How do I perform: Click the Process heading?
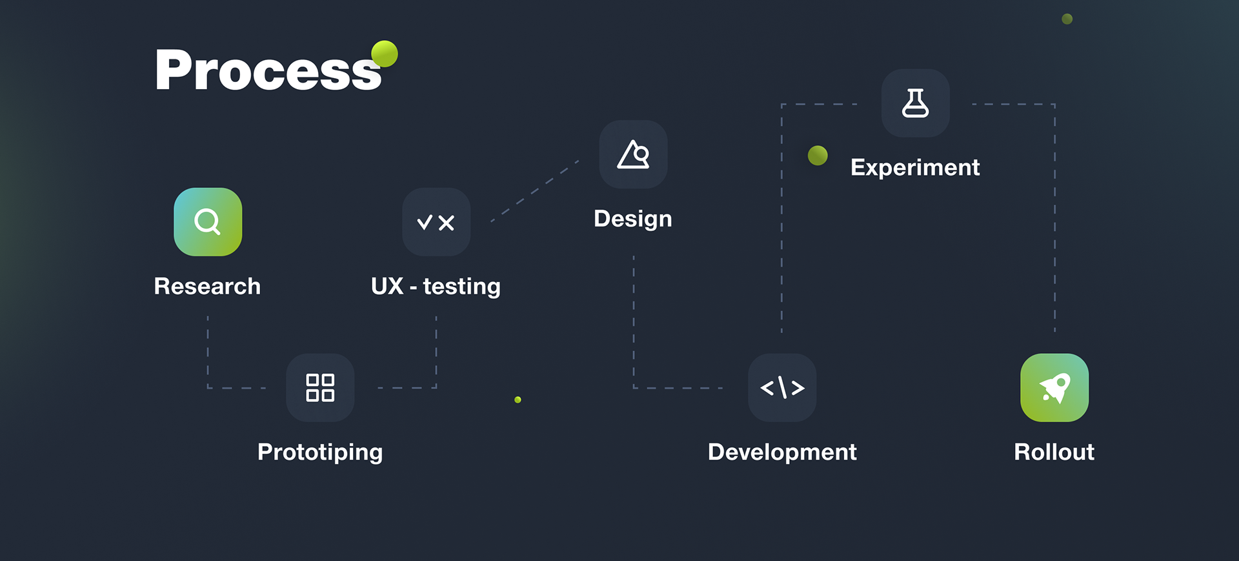[x=268, y=70]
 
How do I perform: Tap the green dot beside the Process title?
[x=385, y=54]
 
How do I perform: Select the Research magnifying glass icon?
[x=208, y=222]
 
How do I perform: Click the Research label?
[x=207, y=286]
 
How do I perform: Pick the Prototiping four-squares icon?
[x=320, y=387]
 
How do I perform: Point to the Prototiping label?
[x=320, y=452]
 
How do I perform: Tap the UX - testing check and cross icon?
[x=436, y=222]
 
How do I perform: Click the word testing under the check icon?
[x=461, y=286]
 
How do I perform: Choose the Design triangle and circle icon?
[x=633, y=154]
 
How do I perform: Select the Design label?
[x=632, y=219]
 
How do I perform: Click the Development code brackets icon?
[x=782, y=387]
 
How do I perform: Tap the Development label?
[x=782, y=452]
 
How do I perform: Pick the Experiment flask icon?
[x=915, y=103]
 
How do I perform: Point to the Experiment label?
[x=915, y=168]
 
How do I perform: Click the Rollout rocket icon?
[x=1054, y=387]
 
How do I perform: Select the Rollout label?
[x=1054, y=452]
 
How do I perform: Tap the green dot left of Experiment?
[x=818, y=156]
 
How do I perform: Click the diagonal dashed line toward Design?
[x=534, y=191]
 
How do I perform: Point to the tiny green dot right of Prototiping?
[x=518, y=400]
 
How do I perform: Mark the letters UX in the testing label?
[x=387, y=286]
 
